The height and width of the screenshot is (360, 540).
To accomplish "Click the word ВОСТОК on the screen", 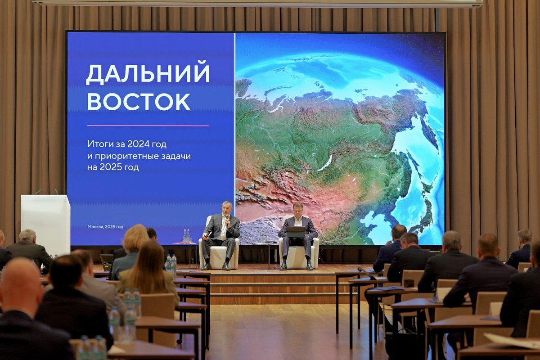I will [139, 101].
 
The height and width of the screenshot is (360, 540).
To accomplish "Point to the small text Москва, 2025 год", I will [105, 227].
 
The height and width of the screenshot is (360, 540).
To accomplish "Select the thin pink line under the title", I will [148, 126].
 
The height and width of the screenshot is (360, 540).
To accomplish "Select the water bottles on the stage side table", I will [186, 236].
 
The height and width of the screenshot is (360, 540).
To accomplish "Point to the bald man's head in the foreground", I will [20, 288].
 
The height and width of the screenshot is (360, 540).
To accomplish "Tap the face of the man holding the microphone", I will [227, 208].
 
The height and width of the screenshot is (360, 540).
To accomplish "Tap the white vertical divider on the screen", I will [234, 135].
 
